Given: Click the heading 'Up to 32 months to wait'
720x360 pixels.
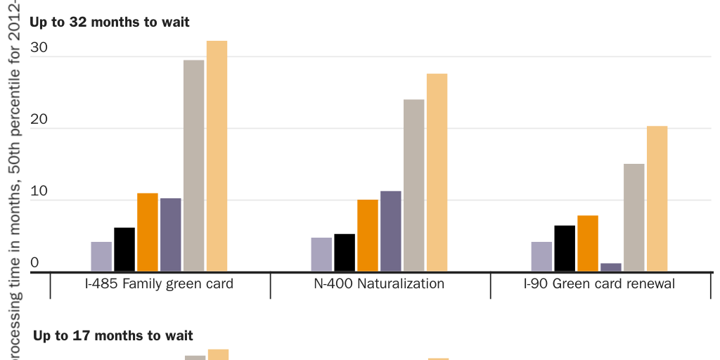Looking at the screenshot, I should pos(110,22).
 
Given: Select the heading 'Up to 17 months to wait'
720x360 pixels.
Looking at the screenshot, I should pos(113,336).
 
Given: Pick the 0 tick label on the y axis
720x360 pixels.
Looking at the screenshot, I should pos(34,263).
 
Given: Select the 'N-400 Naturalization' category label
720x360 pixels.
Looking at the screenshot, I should pos(380,284).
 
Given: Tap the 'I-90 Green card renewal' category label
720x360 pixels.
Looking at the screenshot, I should pos(600,284).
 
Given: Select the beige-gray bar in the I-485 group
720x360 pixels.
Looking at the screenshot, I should pos(194,166).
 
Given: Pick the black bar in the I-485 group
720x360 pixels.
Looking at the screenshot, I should pos(124,250).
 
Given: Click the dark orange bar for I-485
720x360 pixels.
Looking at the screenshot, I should pos(148,232).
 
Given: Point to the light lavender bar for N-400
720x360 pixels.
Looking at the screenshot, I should pos(321,255).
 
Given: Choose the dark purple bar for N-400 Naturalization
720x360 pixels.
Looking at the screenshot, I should pos(391,231).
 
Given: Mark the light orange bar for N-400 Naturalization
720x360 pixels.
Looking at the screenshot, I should pos(437,172).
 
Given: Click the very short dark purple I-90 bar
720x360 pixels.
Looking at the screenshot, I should pos(611,267).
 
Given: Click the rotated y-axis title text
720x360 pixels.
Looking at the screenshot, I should pos(15,176).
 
